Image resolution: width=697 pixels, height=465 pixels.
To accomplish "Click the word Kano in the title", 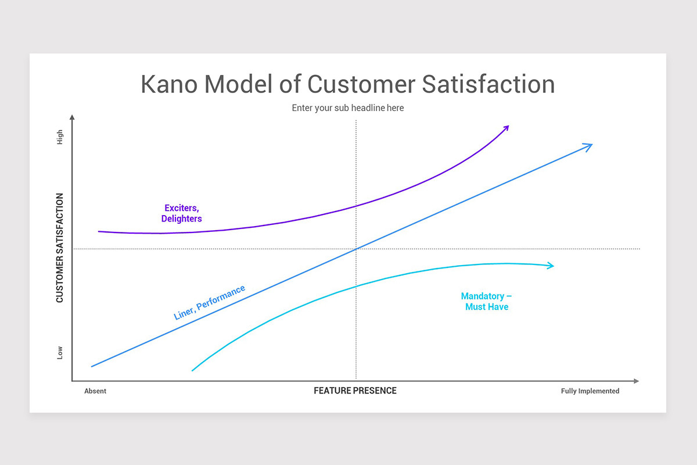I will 168,84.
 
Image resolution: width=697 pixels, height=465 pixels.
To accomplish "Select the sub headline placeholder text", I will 347,108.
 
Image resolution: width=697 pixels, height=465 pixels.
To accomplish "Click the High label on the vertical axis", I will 60,138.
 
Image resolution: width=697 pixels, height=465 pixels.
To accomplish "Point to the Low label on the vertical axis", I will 60,353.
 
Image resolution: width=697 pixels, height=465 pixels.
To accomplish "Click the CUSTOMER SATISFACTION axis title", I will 60,248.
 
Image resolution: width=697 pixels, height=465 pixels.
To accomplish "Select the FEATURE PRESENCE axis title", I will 355,391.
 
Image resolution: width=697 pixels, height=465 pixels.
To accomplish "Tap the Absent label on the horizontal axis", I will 95,391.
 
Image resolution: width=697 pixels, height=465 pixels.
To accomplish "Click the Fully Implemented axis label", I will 590,391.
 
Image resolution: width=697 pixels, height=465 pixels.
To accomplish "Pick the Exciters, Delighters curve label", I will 182,213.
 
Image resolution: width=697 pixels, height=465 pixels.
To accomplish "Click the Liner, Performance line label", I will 210,303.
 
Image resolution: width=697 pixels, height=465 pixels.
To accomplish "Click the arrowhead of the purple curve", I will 506,127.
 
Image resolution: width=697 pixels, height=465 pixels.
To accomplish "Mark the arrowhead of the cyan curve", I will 551,266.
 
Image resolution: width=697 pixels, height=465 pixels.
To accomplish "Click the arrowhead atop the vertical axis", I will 72,117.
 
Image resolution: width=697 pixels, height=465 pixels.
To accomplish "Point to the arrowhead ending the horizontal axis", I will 636,381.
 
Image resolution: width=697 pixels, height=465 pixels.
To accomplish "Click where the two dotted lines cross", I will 355,249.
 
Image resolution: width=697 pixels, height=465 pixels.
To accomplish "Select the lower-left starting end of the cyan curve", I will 193,370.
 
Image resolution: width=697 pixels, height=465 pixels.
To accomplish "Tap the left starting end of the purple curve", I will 99,231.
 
